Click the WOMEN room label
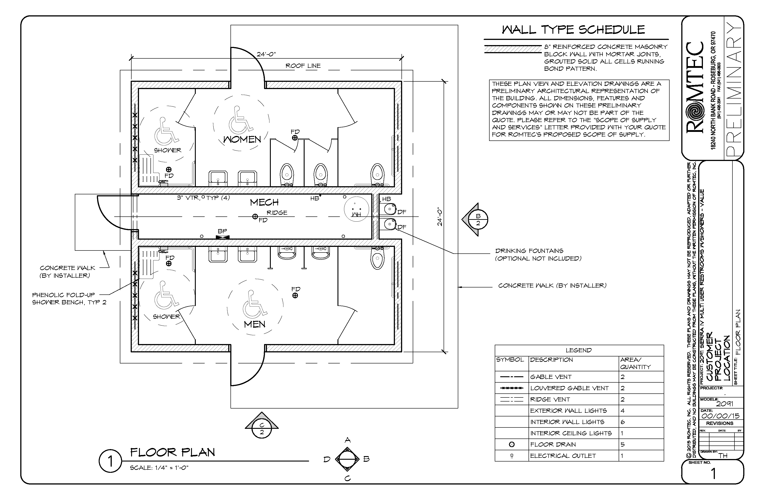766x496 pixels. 242,140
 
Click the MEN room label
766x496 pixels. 255,324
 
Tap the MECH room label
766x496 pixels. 264,202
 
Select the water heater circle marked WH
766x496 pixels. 356,209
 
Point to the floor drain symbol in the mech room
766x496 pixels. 255,217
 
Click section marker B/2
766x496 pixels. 478,220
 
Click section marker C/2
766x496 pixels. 262,429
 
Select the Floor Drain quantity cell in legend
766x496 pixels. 641,444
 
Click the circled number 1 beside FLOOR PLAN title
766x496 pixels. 110,461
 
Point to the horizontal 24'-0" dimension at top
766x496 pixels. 266,54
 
